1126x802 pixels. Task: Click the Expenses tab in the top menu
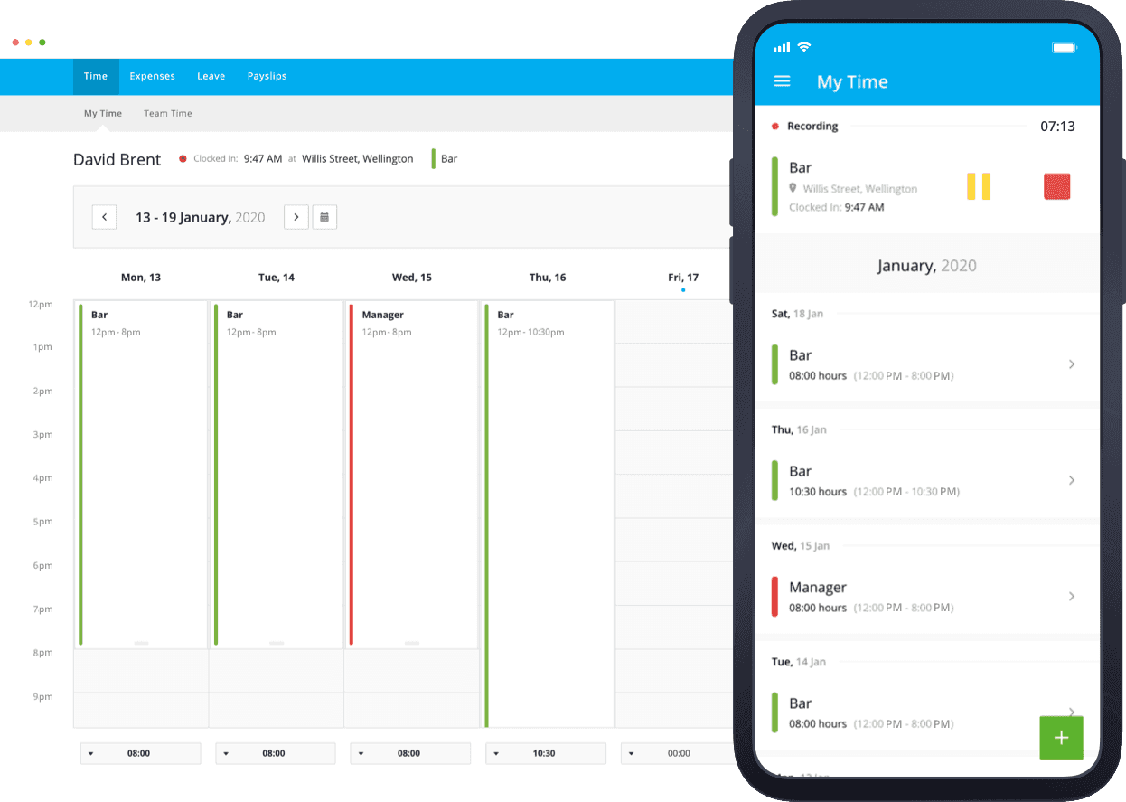(x=152, y=77)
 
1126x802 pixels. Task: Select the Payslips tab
(x=267, y=77)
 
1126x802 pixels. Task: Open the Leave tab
(x=211, y=77)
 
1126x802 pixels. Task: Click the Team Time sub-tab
(x=167, y=114)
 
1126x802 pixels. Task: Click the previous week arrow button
(x=104, y=217)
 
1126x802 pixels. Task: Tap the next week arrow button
(x=296, y=217)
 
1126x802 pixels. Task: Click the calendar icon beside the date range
(x=324, y=217)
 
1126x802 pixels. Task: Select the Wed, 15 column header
(x=411, y=278)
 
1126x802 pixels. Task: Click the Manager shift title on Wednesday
(x=382, y=316)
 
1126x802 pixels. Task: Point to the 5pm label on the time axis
(x=42, y=522)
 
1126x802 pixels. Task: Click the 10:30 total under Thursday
(x=544, y=753)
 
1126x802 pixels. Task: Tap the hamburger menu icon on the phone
(x=783, y=81)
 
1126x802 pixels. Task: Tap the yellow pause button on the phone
(x=979, y=186)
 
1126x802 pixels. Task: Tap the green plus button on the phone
(x=1061, y=738)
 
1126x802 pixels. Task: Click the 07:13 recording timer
(x=1057, y=127)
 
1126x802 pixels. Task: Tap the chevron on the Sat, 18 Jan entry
(x=1072, y=364)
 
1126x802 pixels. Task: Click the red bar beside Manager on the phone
(x=774, y=597)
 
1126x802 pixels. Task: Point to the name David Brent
(x=117, y=160)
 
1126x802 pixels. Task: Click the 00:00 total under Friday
(x=678, y=753)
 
